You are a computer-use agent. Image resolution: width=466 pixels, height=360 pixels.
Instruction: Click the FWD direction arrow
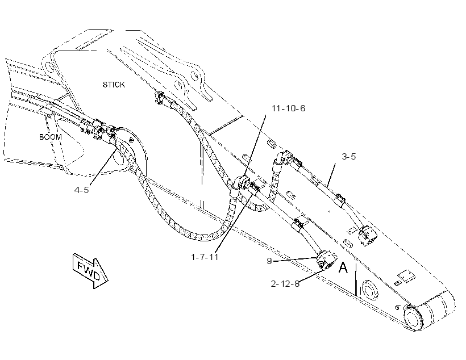point(90,271)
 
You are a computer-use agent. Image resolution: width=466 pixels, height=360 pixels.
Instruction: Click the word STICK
point(114,85)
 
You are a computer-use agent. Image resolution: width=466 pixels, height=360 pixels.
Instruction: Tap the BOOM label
point(51,137)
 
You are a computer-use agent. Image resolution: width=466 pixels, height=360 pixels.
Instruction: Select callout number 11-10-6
point(288,108)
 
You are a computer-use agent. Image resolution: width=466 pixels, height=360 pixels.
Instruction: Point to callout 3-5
point(348,156)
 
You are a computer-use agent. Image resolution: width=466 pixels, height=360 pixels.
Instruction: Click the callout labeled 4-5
point(81,190)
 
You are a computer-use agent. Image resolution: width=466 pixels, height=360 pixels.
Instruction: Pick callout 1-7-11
point(205,257)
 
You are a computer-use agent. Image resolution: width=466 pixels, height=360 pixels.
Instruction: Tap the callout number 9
point(269,261)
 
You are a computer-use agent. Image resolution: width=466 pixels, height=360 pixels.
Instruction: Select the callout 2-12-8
point(285,284)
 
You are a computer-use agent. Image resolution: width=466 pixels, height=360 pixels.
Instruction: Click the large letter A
point(343,267)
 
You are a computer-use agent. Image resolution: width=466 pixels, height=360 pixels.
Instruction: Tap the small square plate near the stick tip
point(406,276)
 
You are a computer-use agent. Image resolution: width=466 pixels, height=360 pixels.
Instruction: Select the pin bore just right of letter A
point(369,290)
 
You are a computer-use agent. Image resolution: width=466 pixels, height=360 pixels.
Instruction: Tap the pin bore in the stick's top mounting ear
point(194,76)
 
